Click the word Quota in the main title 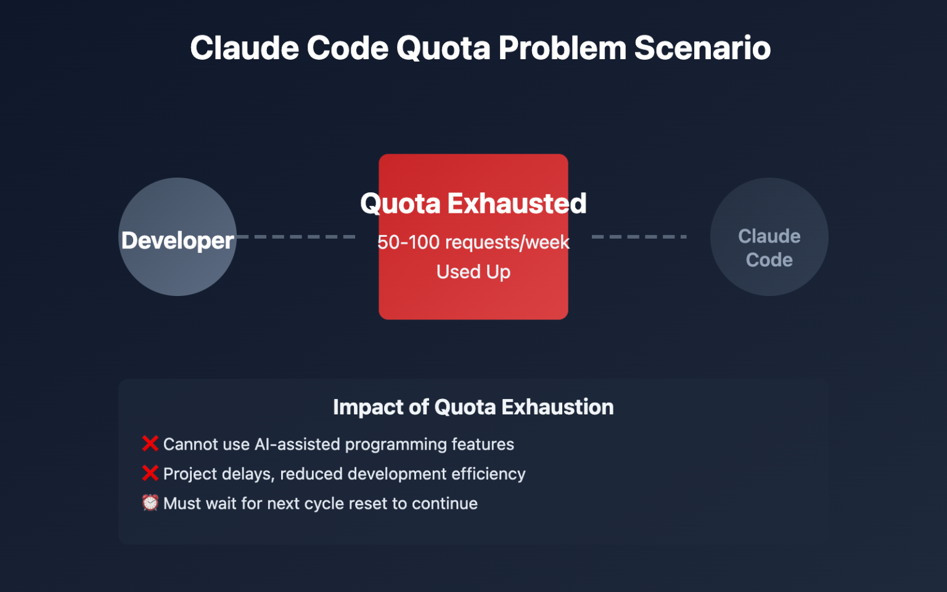pos(443,48)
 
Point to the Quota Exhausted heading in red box pos(473,203)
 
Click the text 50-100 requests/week pos(473,242)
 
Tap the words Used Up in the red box pos(473,272)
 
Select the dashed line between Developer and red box pos(296,237)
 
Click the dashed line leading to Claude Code pos(639,237)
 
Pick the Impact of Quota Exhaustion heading pos(473,407)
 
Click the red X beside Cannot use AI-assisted pos(150,443)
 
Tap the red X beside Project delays pos(150,473)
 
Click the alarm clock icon pos(150,503)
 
